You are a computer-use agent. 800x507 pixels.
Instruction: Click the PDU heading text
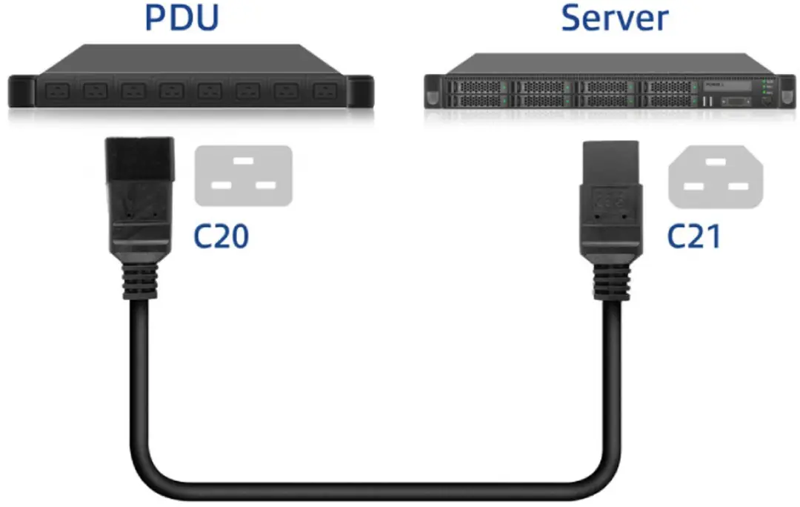(182, 18)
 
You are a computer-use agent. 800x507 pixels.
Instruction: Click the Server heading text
(615, 19)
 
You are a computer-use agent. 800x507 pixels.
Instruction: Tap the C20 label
(221, 236)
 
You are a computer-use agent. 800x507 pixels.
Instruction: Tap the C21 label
(694, 236)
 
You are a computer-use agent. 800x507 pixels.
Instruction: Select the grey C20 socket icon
(244, 176)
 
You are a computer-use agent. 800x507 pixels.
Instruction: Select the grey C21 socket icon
(716, 176)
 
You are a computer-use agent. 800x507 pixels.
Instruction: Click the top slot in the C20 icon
(244, 160)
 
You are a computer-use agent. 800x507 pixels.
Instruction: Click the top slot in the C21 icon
(716, 162)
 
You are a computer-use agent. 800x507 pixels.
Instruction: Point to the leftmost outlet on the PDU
(58, 92)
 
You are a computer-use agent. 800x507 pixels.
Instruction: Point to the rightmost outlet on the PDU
(325, 91)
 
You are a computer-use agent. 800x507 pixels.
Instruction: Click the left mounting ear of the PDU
(21, 91)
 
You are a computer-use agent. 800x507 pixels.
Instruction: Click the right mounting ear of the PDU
(360, 91)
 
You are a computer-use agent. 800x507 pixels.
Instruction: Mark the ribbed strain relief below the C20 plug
(139, 281)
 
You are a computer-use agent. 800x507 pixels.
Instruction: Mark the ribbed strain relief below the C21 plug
(610, 283)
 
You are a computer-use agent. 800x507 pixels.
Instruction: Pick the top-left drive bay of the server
(478, 87)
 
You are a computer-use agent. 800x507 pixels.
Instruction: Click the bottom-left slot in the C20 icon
(221, 185)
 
